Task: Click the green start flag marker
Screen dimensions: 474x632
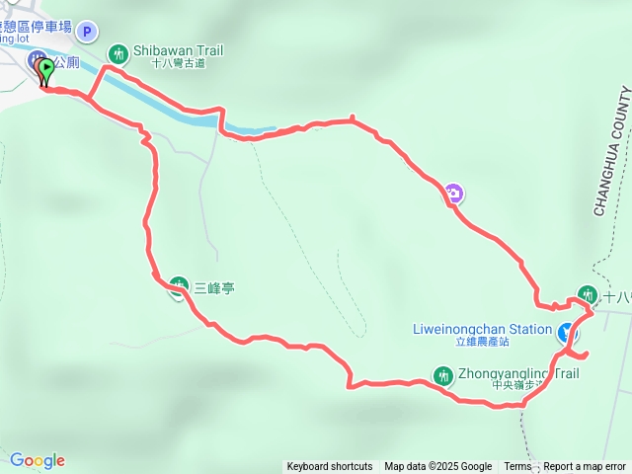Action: pyautogui.click(x=46, y=70)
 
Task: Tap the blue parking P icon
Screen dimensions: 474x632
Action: pyautogui.click(x=86, y=32)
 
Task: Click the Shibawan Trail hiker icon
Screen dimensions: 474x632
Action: pyautogui.click(x=118, y=51)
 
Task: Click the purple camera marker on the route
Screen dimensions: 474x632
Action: pyautogui.click(x=453, y=193)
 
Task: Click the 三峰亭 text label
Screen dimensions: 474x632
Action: pyautogui.click(x=214, y=288)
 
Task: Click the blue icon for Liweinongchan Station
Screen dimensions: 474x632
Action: pyautogui.click(x=567, y=333)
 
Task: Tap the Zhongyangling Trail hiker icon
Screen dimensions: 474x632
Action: pyautogui.click(x=442, y=374)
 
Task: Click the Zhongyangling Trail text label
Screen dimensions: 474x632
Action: pyautogui.click(x=518, y=374)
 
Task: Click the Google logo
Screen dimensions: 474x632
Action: pyautogui.click(x=38, y=460)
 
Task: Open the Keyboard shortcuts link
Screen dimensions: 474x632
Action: pyautogui.click(x=330, y=467)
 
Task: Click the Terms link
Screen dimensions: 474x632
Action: pyautogui.click(x=517, y=467)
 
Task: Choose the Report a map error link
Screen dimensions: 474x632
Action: pyautogui.click(x=585, y=467)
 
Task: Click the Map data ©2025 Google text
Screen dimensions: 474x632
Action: pyautogui.click(x=437, y=467)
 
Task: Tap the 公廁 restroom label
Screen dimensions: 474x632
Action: pyautogui.click(x=67, y=61)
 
